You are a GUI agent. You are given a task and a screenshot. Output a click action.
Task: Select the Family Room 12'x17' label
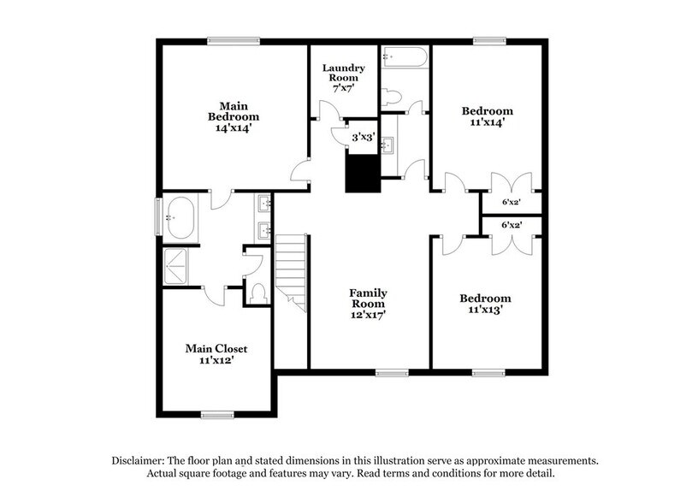tap(367, 304)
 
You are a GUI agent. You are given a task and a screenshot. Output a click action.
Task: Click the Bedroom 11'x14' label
tap(488, 116)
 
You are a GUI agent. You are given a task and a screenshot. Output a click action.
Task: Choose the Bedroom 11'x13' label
tap(485, 304)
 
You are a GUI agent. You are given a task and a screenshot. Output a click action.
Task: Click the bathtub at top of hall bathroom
tap(404, 58)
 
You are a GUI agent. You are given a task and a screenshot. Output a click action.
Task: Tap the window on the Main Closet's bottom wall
tap(217, 414)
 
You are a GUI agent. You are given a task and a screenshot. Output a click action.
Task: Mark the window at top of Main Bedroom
tap(233, 39)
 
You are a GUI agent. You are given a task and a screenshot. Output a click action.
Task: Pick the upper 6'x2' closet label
tap(512, 203)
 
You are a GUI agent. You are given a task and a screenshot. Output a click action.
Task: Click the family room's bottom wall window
tap(392, 372)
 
